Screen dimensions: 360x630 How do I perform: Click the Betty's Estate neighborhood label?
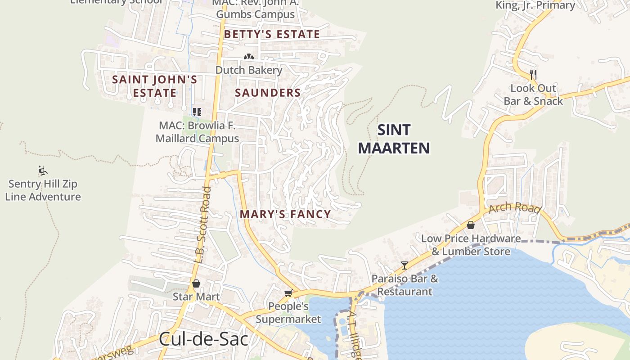coord(272,34)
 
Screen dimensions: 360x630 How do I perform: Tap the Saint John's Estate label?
coord(154,86)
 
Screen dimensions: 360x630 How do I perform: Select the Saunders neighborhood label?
coord(268,93)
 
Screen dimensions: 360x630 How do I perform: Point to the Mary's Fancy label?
coord(285,214)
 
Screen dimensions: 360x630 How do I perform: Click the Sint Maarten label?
coord(394,139)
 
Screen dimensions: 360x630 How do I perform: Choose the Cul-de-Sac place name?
coord(203,339)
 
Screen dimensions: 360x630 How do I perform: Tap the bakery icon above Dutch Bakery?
coord(248,57)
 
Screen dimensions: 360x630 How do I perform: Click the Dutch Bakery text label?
coord(249,70)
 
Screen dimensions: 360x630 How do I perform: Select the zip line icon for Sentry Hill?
coord(43,171)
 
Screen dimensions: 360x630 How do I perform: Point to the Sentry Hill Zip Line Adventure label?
coord(43,190)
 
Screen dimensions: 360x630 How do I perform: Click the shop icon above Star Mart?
coord(196,283)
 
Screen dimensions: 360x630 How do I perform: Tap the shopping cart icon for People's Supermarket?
coord(288,293)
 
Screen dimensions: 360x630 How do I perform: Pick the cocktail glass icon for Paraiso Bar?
coord(405,265)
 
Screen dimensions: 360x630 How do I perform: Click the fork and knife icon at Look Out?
coord(533,74)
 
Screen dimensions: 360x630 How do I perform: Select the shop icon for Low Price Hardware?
coord(471,225)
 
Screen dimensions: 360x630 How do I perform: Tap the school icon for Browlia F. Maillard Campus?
coord(197,112)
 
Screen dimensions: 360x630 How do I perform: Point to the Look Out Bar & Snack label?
coord(533,94)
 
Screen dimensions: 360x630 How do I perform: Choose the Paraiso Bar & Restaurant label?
coord(405,285)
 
